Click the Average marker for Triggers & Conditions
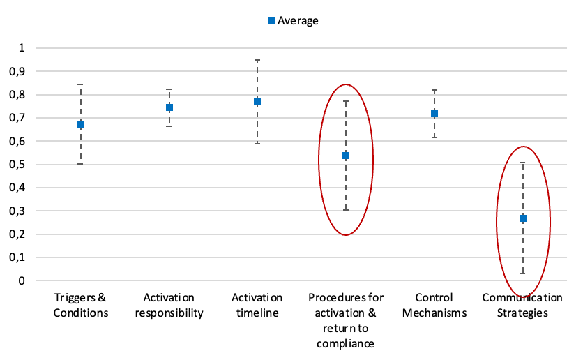pos(81,124)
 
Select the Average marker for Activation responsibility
pos(169,107)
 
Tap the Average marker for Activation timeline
pos(257,102)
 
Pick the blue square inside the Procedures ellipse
pos(346,156)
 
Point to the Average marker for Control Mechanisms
pos(434,114)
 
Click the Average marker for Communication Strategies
pos(522,218)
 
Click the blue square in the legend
pos(271,21)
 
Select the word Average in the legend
pos(298,21)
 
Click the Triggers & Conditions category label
pos(81,305)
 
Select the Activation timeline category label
pos(257,305)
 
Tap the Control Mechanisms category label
pos(434,305)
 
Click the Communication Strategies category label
pos(522,305)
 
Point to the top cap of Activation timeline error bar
pos(257,61)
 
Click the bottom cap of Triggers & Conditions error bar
pos(81,163)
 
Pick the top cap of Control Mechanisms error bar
pos(434,90)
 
